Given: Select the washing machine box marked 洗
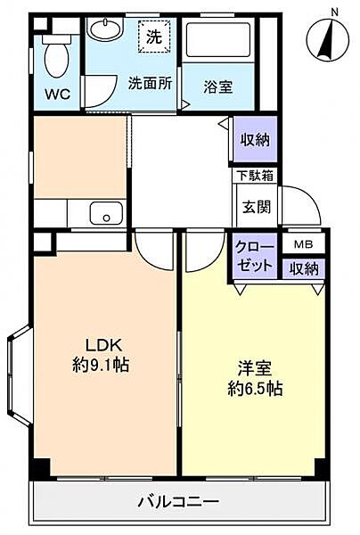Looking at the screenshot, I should click(x=154, y=37).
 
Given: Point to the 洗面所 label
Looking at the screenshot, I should click(x=150, y=85).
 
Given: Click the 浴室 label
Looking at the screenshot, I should click(x=217, y=86).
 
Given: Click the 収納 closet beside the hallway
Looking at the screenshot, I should click(x=254, y=140).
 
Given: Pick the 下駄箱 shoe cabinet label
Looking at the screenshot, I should click(x=254, y=176).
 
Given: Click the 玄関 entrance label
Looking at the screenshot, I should click(x=254, y=206).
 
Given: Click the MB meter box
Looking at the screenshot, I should click(x=303, y=243).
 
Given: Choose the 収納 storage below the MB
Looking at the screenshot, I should click(x=303, y=267).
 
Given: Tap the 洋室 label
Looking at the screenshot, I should click(x=253, y=367).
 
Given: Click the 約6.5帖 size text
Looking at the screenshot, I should click(x=255, y=389).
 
